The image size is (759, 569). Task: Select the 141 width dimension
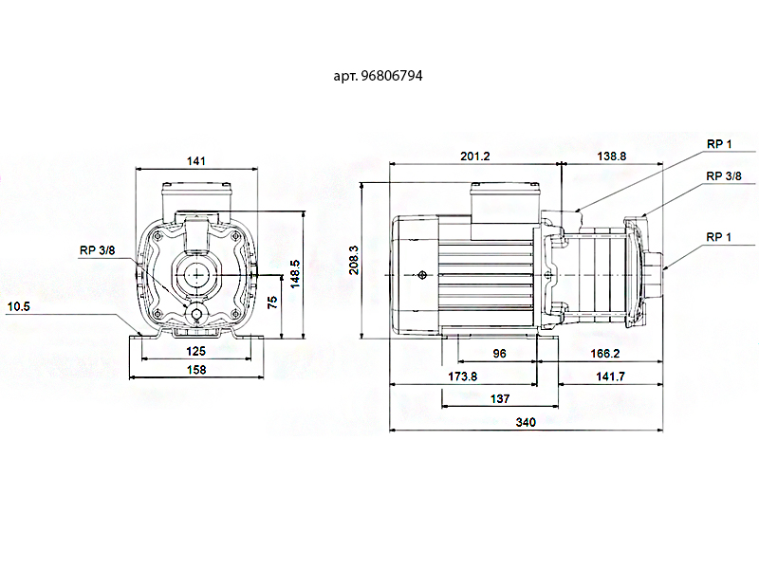click(x=196, y=161)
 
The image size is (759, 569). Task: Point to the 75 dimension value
click(x=272, y=302)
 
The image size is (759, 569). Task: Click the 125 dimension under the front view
click(x=196, y=350)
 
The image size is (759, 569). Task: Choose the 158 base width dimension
click(x=196, y=371)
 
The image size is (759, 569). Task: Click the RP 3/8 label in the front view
click(x=99, y=250)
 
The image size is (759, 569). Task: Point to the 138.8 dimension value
click(x=610, y=156)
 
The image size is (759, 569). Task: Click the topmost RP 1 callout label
click(x=719, y=143)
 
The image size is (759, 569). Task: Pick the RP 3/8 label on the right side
click(x=724, y=176)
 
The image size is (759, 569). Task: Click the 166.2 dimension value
click(x=604, y=353)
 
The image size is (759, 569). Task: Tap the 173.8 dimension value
click(x=462, y=376)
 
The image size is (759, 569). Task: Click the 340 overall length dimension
click(x=524, y=423)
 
